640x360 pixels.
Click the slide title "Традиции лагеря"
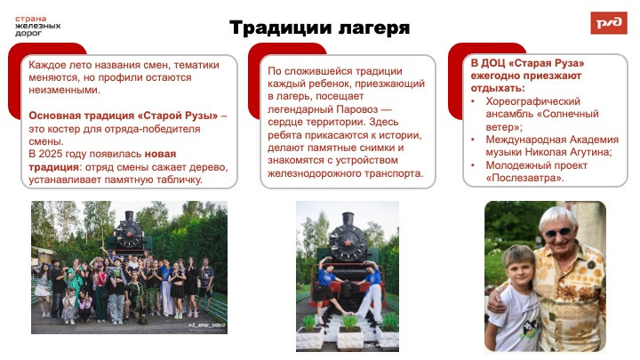(x=320, y=28)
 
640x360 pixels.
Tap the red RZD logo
(x=608, y=23)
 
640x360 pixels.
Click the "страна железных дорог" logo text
(x=37, y=25)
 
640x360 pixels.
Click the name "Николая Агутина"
(x=574, y=152)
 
